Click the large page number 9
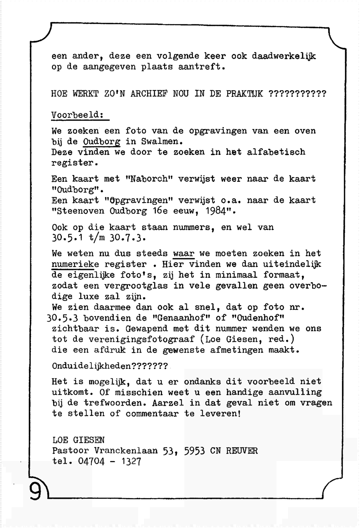pyautogui.click(x=35, y=491)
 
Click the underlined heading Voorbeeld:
pyautogui.click(x=78, y=115)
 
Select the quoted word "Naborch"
pyautogui.click(x=147, y=179)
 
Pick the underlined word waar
pyautogui.click(x=184, y=254)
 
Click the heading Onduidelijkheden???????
pyautogui.click(x=110, y=366)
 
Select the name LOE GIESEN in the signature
pyautogui.click(x=78, y=440)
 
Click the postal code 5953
pyautogui.click(x=194, y=451)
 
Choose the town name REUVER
pyautogui.click(x=242, y=451)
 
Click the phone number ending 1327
pyautogui.click(x=131, y=462)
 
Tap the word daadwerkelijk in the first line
pyautogui.click(x=284, y=56)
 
